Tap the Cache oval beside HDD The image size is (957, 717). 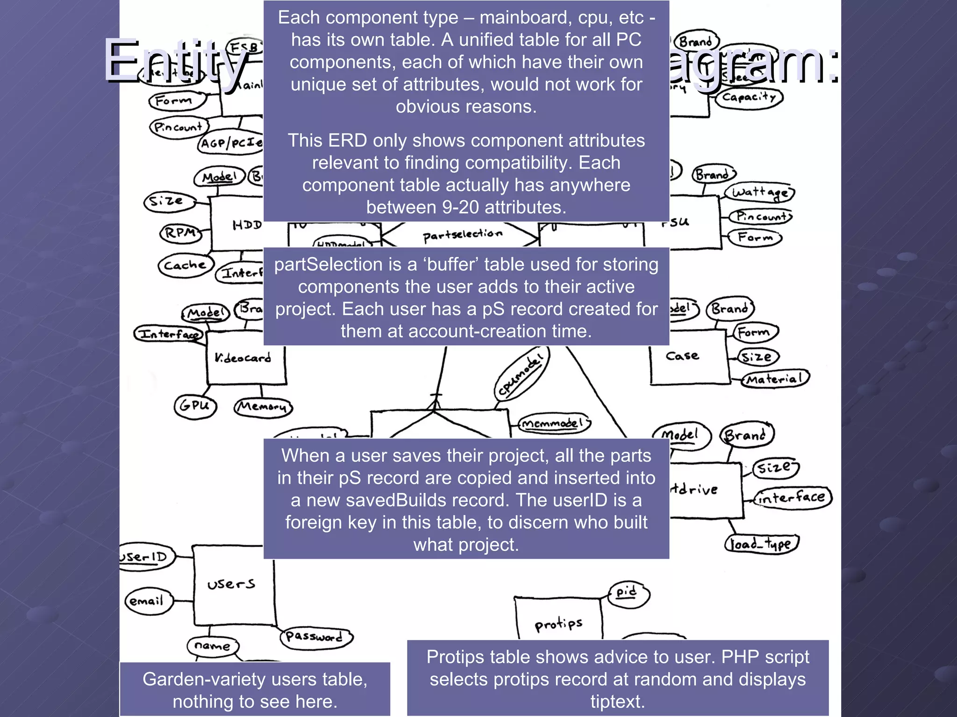(x=185, y=265)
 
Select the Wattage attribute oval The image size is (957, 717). (x=759, y=192)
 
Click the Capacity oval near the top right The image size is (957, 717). (x=749, y=98)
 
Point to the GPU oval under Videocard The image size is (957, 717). (x=195, y=406)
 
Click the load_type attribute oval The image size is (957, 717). (x=761, y=544)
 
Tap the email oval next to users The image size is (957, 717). (x=148, y=601)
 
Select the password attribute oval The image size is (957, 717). (x=316, y=637)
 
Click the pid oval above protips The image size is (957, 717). (x=628, y=593)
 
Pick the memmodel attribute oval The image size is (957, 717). (x=552, y=423)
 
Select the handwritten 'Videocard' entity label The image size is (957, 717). (x=243, y=358)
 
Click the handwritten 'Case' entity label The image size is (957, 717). (x=682, y=356)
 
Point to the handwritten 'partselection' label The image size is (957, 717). (x=463, y=235)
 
